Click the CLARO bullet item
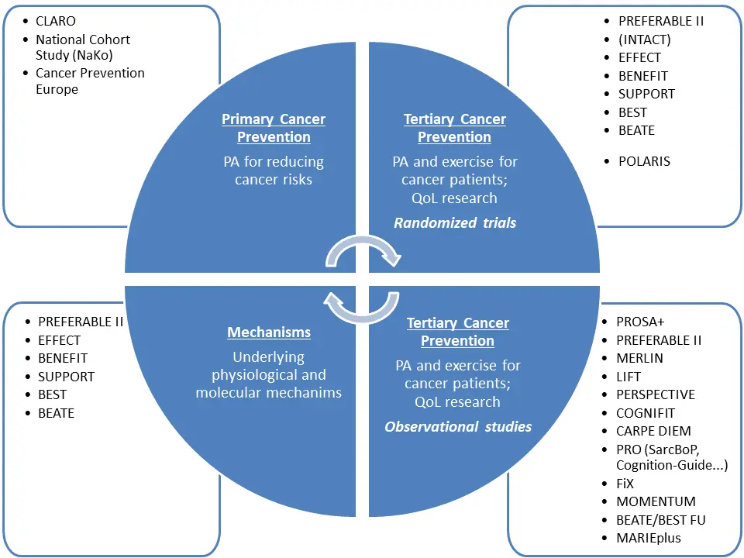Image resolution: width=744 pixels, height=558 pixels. [x=57, y=21]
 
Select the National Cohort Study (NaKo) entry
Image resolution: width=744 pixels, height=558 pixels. [x=83, y=46]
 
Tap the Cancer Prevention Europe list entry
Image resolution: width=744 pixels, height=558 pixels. [x=90, y=81]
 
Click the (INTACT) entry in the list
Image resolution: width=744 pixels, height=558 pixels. [x=644, y=40]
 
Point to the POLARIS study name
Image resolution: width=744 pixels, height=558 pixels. [x=644, y=161]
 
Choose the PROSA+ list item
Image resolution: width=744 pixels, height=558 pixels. [x=640, y=322]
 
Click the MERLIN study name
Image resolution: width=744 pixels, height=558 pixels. [x=639, y=358]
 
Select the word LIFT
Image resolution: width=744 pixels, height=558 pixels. [x=629, y=377]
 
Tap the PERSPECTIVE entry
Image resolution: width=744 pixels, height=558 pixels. [x=656, y=394]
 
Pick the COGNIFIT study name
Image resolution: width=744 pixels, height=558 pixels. [x=645, y=413]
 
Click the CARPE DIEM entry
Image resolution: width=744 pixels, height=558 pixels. [x=653, y=431]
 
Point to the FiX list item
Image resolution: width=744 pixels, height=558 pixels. [x=625, y=483]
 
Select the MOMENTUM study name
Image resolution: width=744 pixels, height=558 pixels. [x=656, y=501]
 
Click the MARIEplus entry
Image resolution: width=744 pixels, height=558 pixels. [x=649, y=538]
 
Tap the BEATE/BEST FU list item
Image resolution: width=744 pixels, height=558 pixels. [x=660, y=519]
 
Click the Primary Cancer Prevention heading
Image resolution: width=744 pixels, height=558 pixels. [x=274, y=128]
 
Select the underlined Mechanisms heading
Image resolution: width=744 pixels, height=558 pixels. [x=268, y=332]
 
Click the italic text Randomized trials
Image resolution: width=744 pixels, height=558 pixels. [x=455, y=223]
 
